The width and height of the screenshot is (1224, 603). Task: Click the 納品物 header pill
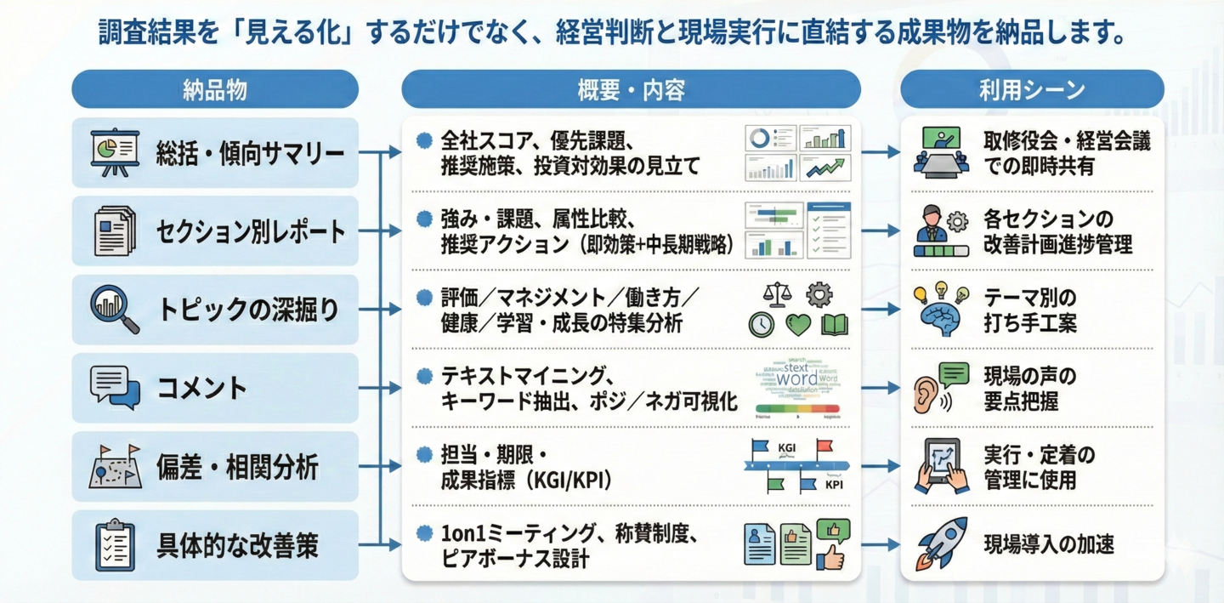(x=215, y=89)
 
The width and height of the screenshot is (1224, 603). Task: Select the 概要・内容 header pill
(x=631, y=89)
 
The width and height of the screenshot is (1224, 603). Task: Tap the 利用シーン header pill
(x=1032, y=89)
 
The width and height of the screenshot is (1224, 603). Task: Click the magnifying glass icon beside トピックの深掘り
(x=115, y=309)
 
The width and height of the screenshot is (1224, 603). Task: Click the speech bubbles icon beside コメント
(x=115, y=388)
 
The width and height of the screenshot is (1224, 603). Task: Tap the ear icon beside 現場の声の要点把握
(x=928, y=390)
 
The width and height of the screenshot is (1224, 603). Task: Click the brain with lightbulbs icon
(x=940, y=310)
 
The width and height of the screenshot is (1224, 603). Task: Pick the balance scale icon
(x=777, y=294)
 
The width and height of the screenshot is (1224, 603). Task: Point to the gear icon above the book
(x=819, y=294)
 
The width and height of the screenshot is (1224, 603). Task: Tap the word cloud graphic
(x=797, y=378)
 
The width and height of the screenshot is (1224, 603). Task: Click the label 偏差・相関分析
(x=237, y=467)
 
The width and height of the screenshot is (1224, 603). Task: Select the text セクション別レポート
(x=251, y=231)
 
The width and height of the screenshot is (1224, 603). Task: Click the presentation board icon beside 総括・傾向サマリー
(x=115, y=153)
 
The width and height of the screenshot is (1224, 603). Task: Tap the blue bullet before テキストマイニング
(x=424, y=375)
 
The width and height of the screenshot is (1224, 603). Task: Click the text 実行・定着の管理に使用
(x=1039, y=467)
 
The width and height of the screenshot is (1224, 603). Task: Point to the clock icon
(x=762, y=325)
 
